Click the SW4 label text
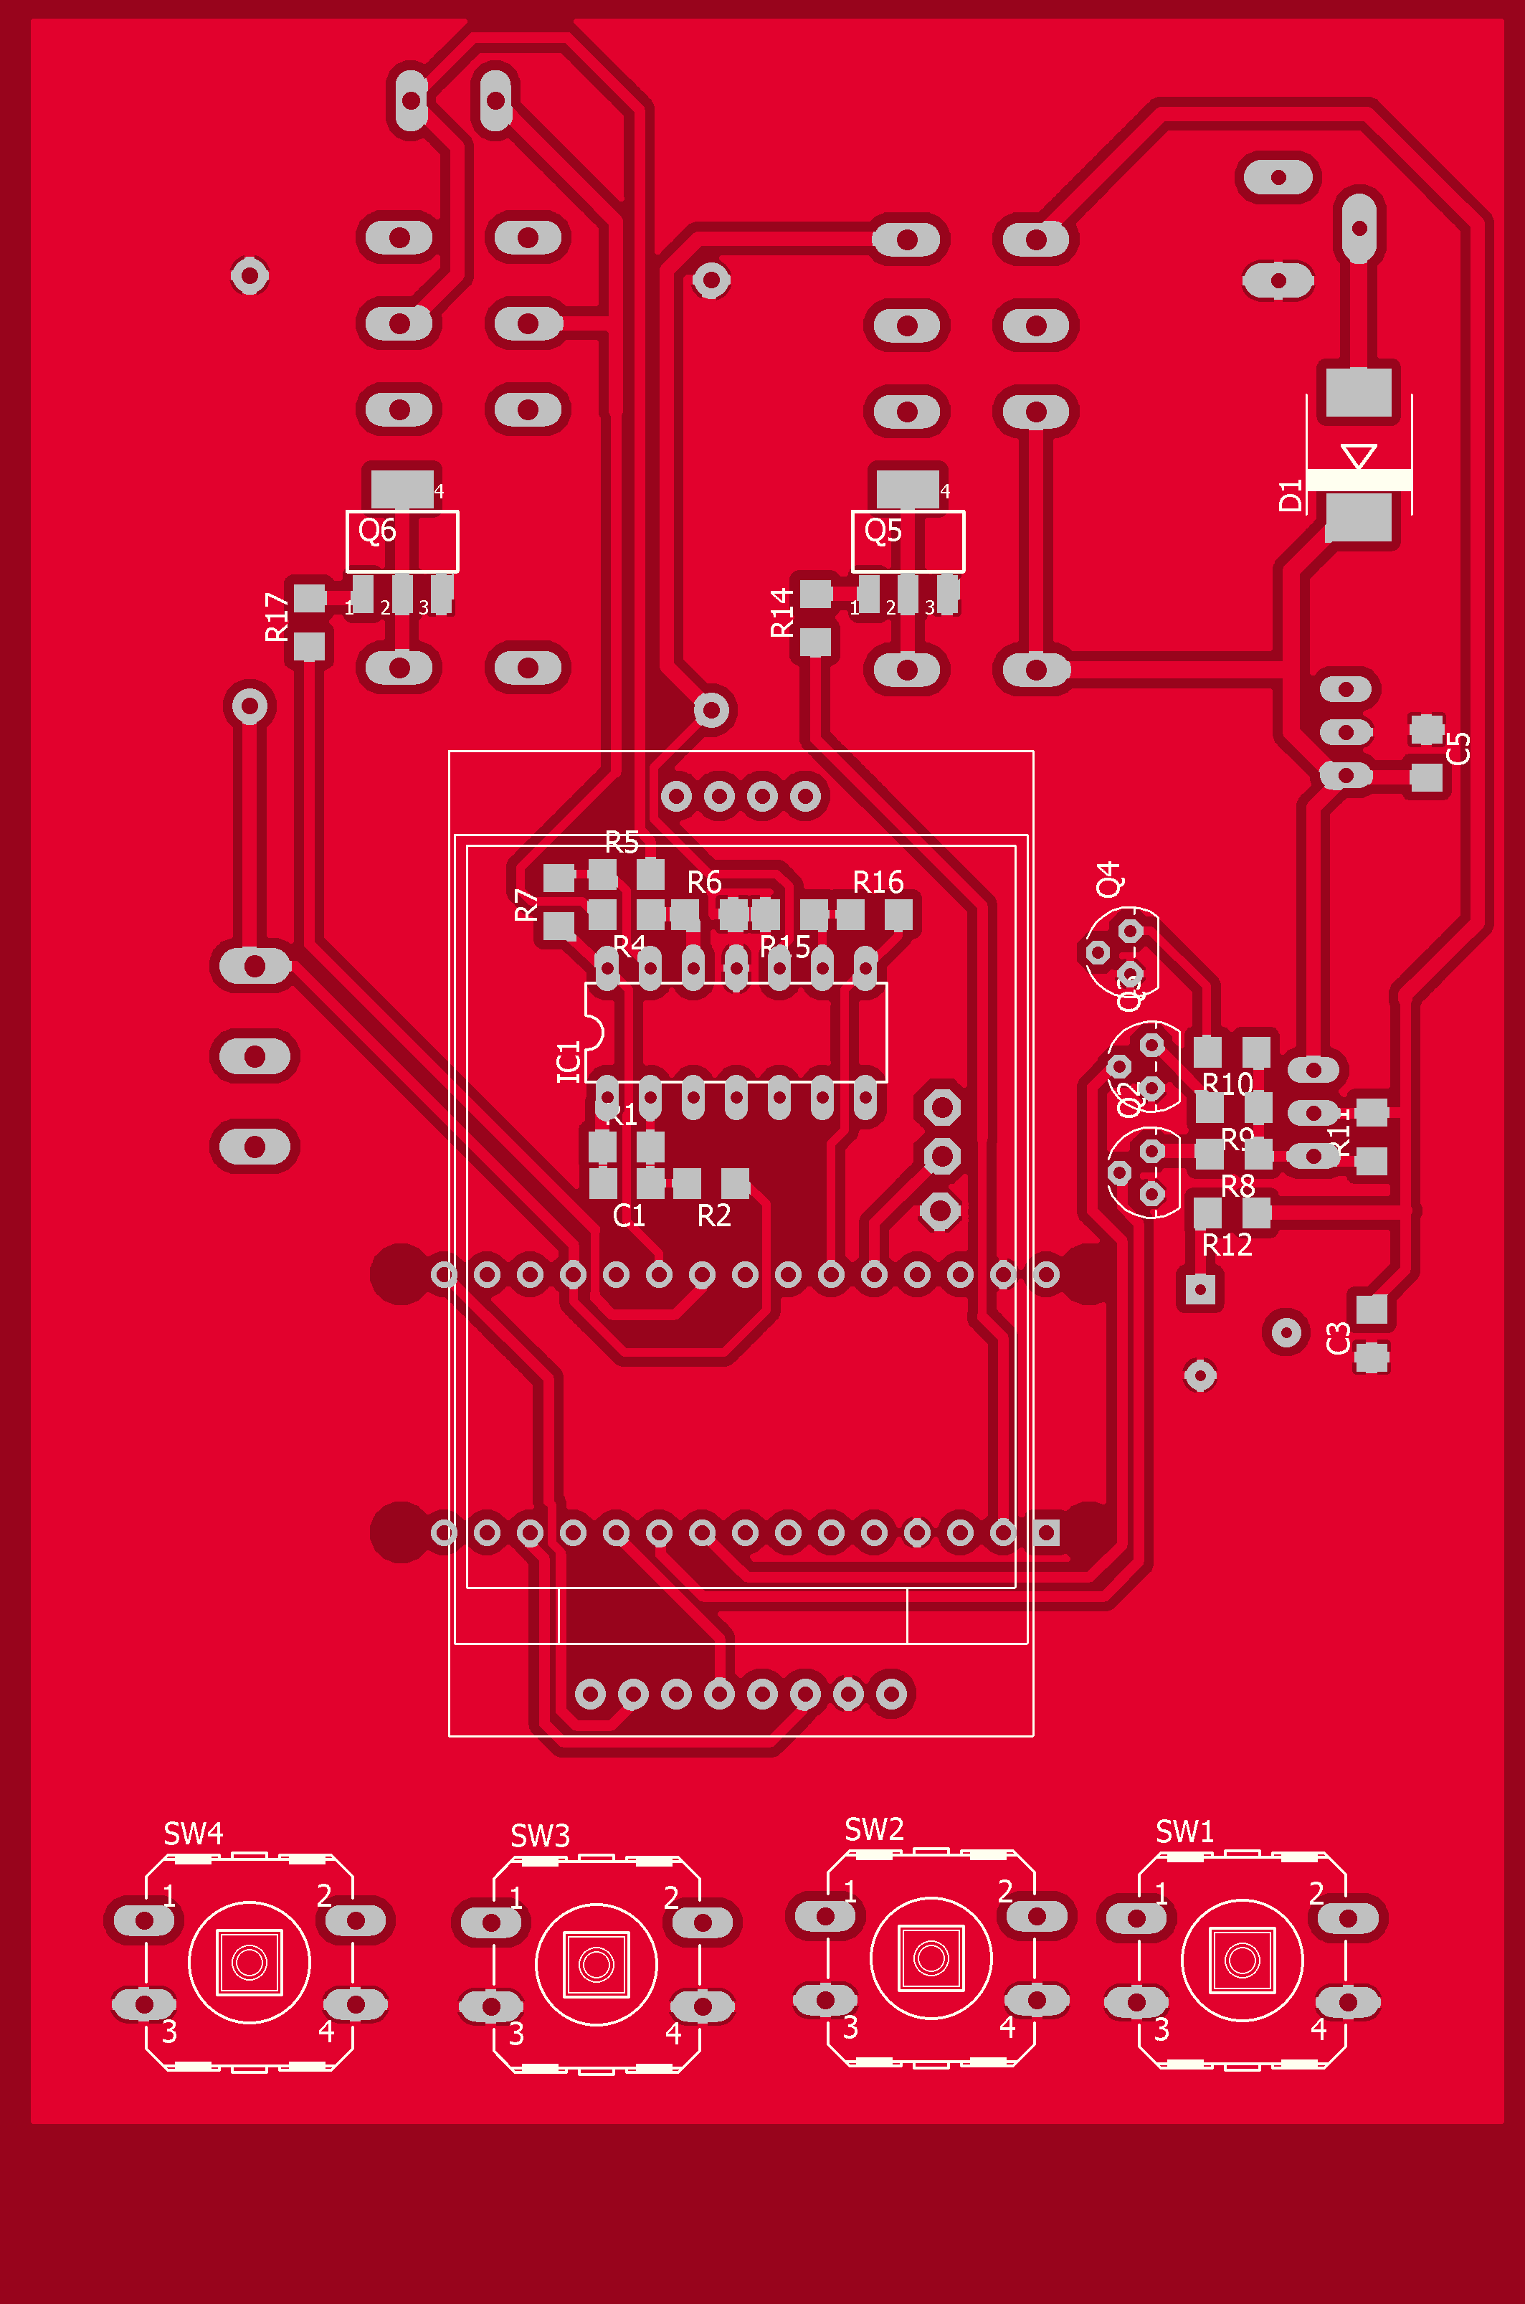193,1834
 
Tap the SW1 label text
1184,1831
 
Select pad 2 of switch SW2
1037,1917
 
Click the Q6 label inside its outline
376,531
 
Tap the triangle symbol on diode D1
1358,456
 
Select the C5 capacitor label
1458,748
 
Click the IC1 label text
569,1061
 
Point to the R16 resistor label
878,882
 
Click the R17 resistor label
277,617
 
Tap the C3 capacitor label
1339,1338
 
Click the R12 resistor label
1227,1245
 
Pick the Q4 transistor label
1108,878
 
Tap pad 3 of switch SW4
144,2004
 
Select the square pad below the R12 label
1200,1289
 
